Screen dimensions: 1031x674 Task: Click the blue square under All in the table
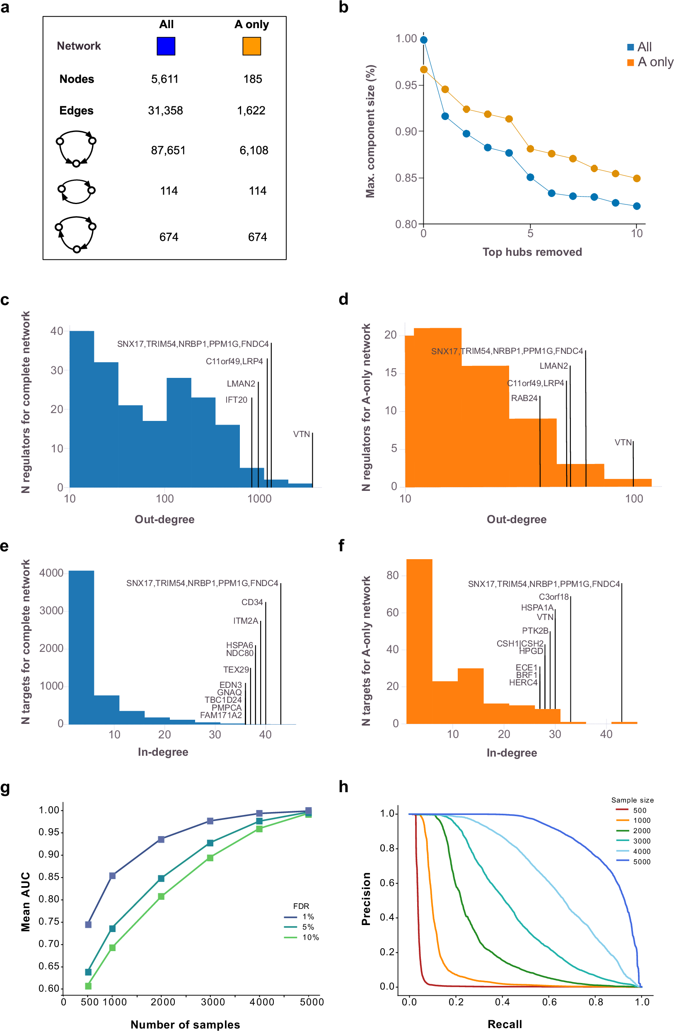166,46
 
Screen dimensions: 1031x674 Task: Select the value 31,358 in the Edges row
165,111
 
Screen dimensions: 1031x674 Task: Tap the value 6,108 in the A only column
254,150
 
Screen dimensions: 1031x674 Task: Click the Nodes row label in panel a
77,79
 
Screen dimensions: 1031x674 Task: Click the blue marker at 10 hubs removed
636,206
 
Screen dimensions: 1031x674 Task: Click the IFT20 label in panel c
236,400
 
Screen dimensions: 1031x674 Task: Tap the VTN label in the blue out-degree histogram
301,434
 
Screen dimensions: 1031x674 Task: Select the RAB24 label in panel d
524,398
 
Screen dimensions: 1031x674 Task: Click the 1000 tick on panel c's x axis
259,499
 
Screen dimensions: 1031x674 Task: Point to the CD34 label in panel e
252,602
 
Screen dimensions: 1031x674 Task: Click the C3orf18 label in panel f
553,597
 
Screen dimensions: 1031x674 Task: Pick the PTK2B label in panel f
535,631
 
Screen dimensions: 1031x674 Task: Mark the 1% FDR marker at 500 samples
88,925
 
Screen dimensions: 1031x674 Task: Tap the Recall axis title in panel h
505,1024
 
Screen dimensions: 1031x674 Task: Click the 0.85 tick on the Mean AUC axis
48,877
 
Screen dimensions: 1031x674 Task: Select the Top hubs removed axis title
532,252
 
